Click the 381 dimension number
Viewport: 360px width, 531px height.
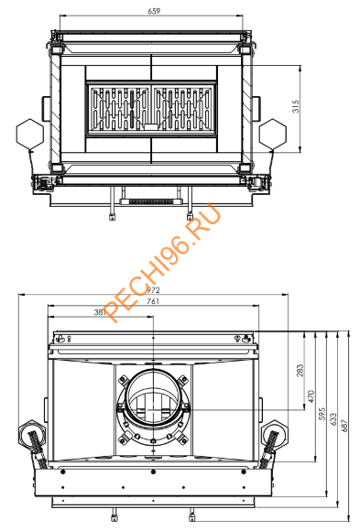(x=104, y=313)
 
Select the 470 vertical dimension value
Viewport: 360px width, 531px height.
(x=311, y=396)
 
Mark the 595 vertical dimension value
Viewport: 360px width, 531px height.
(x=322, y=414)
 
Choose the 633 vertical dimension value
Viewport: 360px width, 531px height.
(x=333, y=418)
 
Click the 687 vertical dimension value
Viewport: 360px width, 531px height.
(x=345, y=426)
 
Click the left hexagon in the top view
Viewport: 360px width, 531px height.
(x=27, y=134)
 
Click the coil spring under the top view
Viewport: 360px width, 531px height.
(x=150, y=200)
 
